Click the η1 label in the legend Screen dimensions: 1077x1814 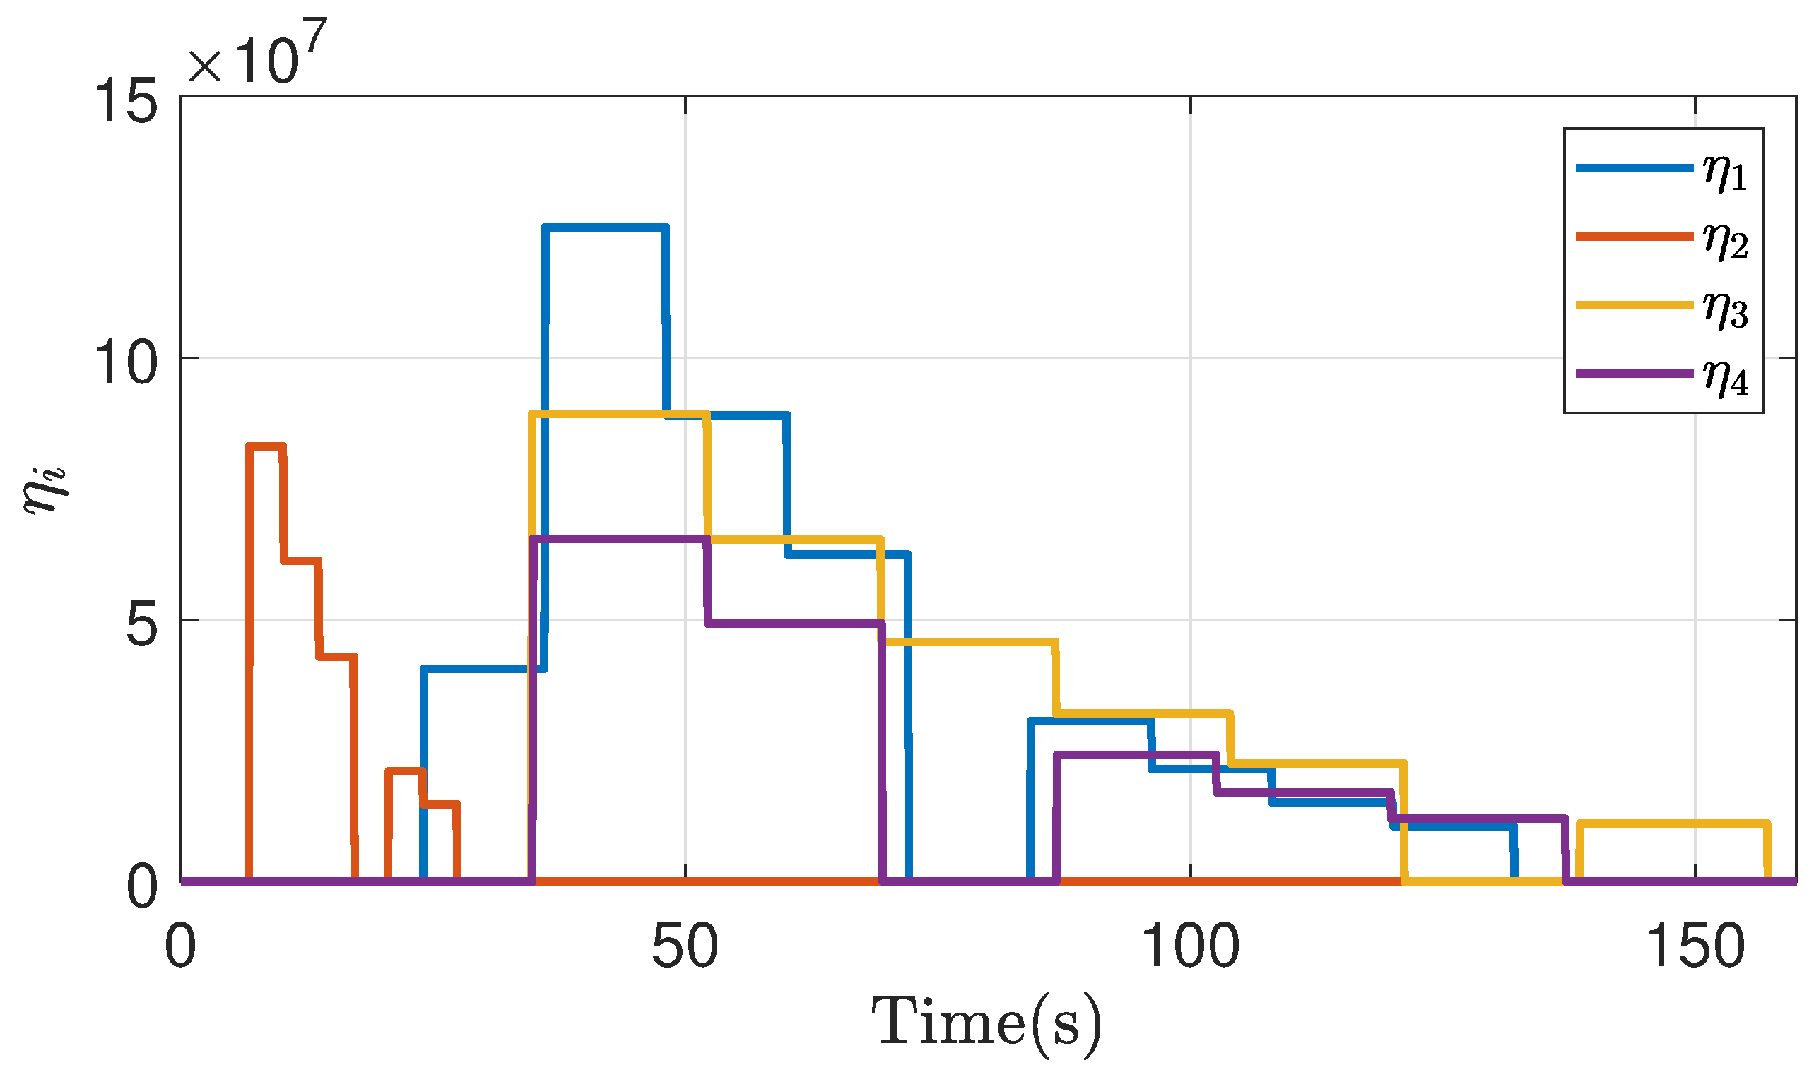tap(1725, 172)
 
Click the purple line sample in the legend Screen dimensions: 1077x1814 tap(1633, 374)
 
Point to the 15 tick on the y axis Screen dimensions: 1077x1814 tap(127, 102)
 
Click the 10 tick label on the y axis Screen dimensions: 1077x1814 tap(127, 363)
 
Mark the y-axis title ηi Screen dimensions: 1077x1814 tap(45, 490)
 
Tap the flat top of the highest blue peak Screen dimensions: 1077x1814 tap(605, 228)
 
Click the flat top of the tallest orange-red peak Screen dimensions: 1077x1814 tap(266, 446)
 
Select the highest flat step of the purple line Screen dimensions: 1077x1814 tap(620, 538)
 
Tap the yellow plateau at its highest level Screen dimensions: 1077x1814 tap(620, 414)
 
